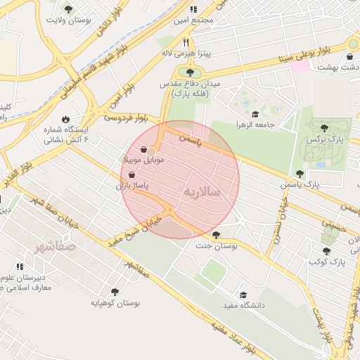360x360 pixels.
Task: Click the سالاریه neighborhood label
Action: [x=202, y=191]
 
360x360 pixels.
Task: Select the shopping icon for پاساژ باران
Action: [x=132, y=174]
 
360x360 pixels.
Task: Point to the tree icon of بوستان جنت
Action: [x=215, y=235]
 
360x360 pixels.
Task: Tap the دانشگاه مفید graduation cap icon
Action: [x=243, y=295]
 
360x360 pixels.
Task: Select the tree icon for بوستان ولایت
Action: [x=67, y=9]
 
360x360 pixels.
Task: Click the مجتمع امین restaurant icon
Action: [x=193, y=9]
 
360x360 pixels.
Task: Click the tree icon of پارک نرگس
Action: [x=323, y=128]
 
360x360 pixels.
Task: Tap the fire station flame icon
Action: [x=65, y=119]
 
